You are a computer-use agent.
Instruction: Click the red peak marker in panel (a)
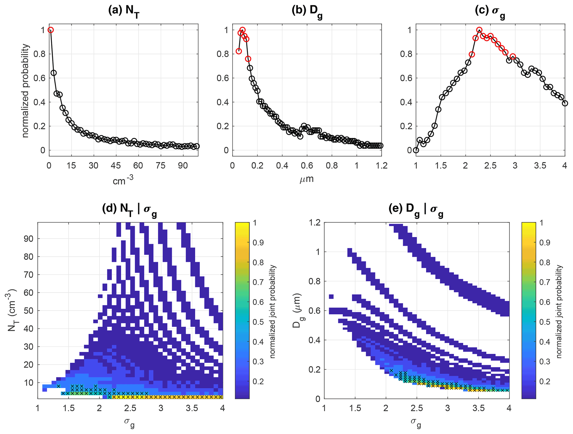[50, 30]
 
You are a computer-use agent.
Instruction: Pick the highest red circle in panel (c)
[479, 30]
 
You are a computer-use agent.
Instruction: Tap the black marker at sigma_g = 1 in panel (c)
[416, 150]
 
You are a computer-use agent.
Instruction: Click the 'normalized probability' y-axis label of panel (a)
[26, 91]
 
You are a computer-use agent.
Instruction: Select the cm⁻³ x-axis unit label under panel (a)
[123, 180]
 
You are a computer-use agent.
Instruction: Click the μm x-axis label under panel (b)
[307, 179]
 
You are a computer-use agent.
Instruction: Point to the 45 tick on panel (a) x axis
[116, 166]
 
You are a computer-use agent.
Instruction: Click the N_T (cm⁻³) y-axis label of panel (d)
[12, 311]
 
